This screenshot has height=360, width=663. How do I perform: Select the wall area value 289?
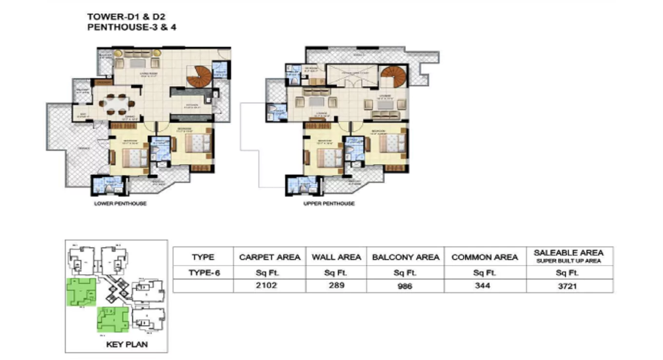point(336,285)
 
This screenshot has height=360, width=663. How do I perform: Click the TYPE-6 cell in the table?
point(203,273)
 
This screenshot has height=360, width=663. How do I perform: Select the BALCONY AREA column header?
point(406,257)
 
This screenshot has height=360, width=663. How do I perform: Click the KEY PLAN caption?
point(127,344)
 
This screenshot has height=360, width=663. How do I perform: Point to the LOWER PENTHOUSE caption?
point(120,203)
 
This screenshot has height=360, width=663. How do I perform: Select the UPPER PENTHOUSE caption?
point(329,203)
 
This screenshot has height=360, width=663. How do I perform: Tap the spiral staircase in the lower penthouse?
point(200,77)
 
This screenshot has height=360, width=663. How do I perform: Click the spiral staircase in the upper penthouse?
point(393,77)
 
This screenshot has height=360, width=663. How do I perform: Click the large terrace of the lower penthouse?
point(78,151)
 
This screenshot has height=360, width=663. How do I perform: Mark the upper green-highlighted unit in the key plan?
point(80,292)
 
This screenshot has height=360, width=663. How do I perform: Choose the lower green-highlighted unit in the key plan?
point(113,319)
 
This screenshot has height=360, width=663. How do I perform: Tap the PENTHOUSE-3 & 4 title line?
point(132,27)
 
